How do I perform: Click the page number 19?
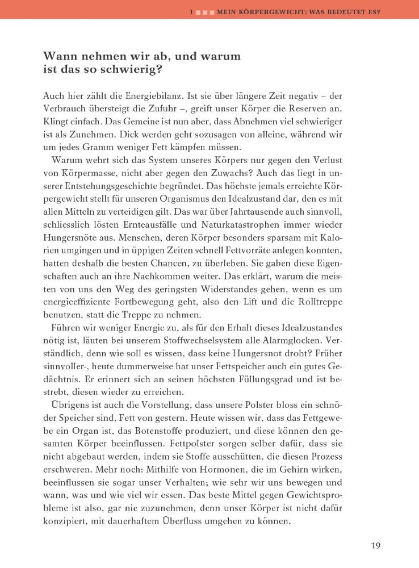point(375,546)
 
